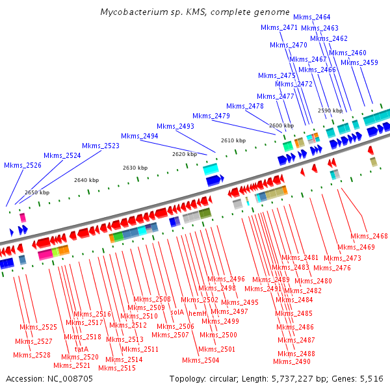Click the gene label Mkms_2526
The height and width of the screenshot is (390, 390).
click(23, 166)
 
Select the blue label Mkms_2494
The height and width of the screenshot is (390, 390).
click(139, 136)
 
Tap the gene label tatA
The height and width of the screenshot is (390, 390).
click(81, 349)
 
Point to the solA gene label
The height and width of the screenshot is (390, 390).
click(177, 311)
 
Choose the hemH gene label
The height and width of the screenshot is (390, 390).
click(198, 313)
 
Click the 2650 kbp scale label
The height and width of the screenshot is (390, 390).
click(37, 192)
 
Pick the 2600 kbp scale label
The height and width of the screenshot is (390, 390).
click(281, 125)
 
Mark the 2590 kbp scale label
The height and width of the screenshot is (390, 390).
click(330, 110)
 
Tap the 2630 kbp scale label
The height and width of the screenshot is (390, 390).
click(135, 168)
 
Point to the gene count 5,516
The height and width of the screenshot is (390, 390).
click(372, 378)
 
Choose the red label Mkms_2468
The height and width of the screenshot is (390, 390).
click(369, 236)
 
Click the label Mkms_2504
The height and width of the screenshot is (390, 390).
click(201, 360)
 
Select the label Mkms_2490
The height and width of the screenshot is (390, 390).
click(292, 361)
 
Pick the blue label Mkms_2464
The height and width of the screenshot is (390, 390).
click(312, 17)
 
